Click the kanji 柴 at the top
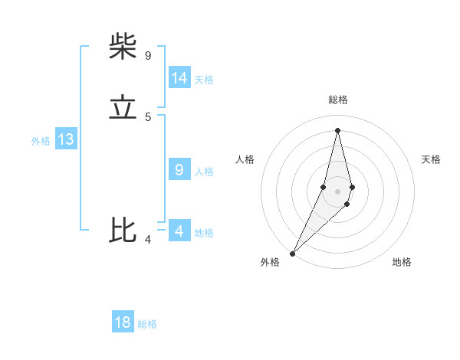coord(123,47)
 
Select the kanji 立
coord(123,108)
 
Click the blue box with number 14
coord(179,78)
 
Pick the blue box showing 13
coord(66,139)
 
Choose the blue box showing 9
coord(179,170)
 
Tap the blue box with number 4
coord(179,231)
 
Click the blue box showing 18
coord(123,322)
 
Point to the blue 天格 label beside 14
coord(204,80)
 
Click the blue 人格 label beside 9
coord(204,172)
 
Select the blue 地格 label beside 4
coord(204,233)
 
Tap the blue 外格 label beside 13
coord(41,141)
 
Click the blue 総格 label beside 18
coord(147,324)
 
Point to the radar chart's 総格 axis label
coord(338,100)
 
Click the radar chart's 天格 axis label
coord(431,159)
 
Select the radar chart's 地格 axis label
coord(402,262)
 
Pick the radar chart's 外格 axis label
coord(270,262)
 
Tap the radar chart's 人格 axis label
coord(245,159)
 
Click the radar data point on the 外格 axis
coord(293,253)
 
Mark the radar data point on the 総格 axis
coord(338,130)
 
